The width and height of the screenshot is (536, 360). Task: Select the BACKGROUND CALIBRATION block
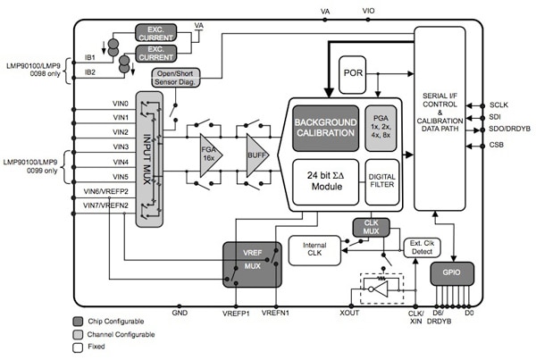(x=325, y=127)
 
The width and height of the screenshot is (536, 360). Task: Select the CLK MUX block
(x=369, y=228)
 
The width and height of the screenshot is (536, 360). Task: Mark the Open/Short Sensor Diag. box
(x=176, y=80)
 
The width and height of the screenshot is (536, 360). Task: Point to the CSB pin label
(x=498, y=144)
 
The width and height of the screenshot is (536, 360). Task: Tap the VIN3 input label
(x=121, y=132)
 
